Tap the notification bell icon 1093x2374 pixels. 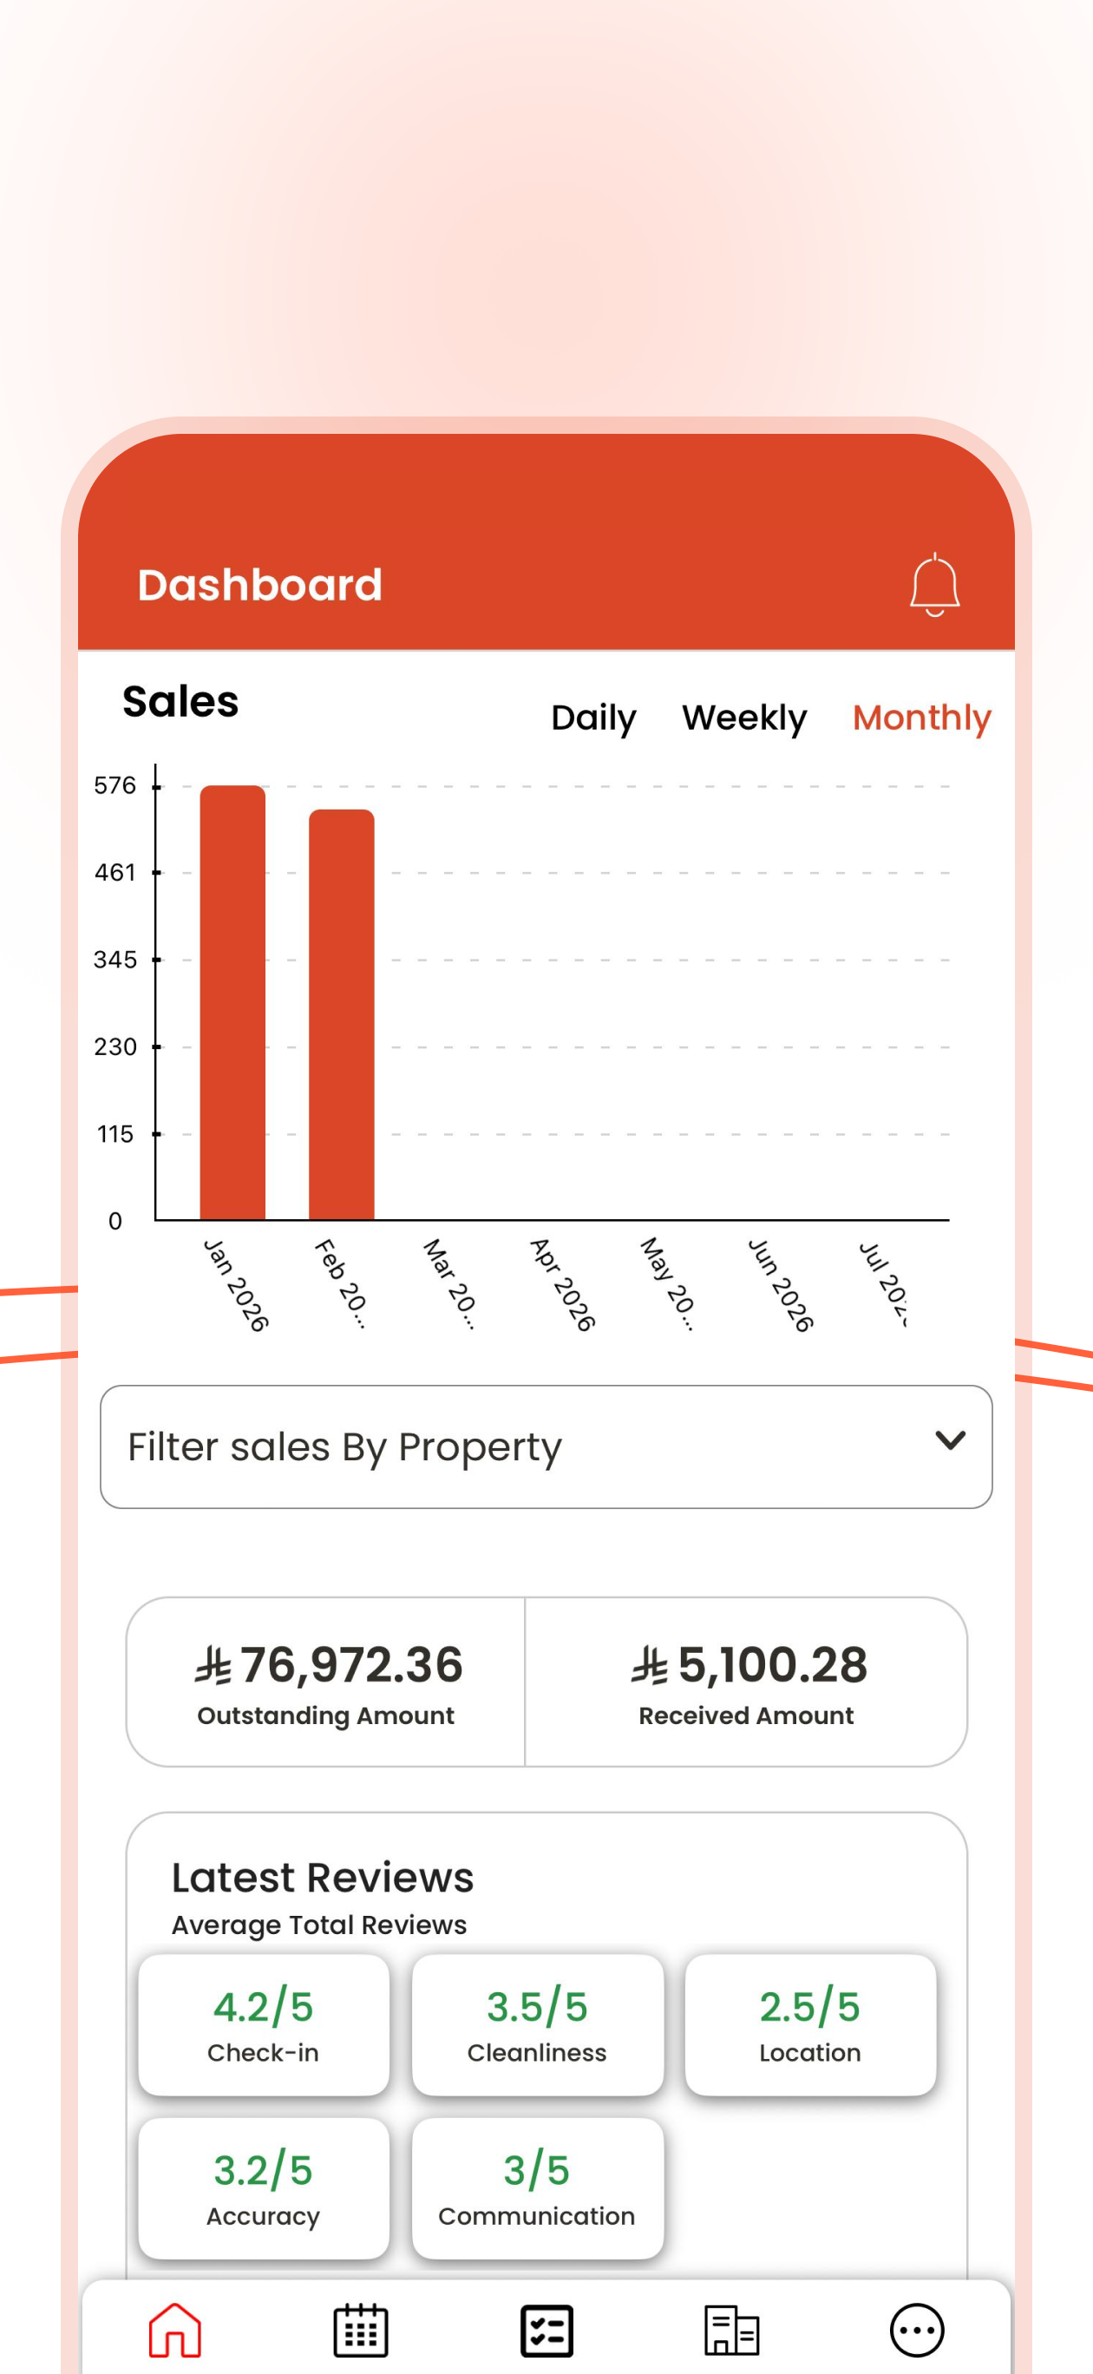[x=934, y=584]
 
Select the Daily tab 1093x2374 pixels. [x=593, y=718]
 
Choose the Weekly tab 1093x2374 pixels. [x=743, y=717]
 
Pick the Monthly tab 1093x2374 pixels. [x=921, y=718]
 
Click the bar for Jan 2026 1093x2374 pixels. [x=232, y=1003]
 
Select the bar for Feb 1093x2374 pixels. [x=341, y=1014]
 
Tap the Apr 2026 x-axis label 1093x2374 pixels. [x=562, y=1285]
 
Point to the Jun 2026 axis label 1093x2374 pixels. [x=781, y=1285]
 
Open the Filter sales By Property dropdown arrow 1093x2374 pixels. [x=950, y=1439]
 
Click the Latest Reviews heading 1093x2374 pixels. [x=323, y=1878]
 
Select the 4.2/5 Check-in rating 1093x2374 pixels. [x=264, y=2023]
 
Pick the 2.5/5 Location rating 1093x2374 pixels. [x=810, y=2023]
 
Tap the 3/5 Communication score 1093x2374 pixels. [x=537, y=2187]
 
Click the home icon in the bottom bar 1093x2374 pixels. [x=175, y=2330]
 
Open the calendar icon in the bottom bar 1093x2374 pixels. [x=360, y=2330]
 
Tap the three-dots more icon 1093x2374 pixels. [x=917, y=2330]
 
